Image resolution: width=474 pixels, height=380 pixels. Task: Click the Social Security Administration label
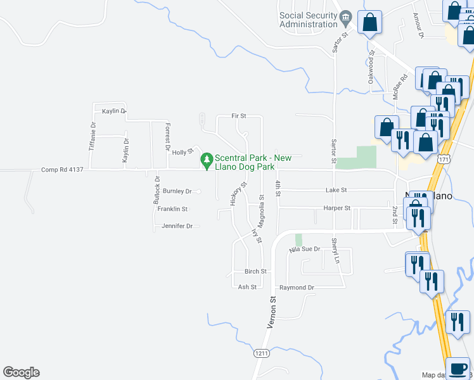click(x=309, y=20)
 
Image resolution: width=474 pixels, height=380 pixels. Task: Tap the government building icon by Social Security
click(x=345, y=16)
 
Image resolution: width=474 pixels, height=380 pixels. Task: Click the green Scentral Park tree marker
click(x=206, y=158)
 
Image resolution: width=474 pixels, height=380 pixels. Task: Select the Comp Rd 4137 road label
click(x=62, y=170)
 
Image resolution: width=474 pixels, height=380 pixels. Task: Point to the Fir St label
click(x=238, y=117)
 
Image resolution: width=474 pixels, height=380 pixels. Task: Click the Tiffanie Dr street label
click(x=93, y=136)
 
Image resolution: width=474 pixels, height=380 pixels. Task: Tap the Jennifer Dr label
click(x=177, y=225)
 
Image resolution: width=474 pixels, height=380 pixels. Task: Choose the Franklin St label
click(x=173, y=208)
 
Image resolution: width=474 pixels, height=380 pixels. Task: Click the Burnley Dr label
click(x=177, y=191)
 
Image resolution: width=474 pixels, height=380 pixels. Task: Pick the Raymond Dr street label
click(x=297, y=288)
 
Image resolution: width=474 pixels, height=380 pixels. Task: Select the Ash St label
click(x=247, y=287)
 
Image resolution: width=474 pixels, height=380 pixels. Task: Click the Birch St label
click(x=256, y=271)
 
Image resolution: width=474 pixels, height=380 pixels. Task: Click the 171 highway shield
click(x=446, y=160)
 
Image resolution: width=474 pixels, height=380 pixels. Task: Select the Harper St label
click(x=336, y=208)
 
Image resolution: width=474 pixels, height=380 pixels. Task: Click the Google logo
click(x=21, y=372)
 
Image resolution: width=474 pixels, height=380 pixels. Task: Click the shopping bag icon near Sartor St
click(x=370, y=23)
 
